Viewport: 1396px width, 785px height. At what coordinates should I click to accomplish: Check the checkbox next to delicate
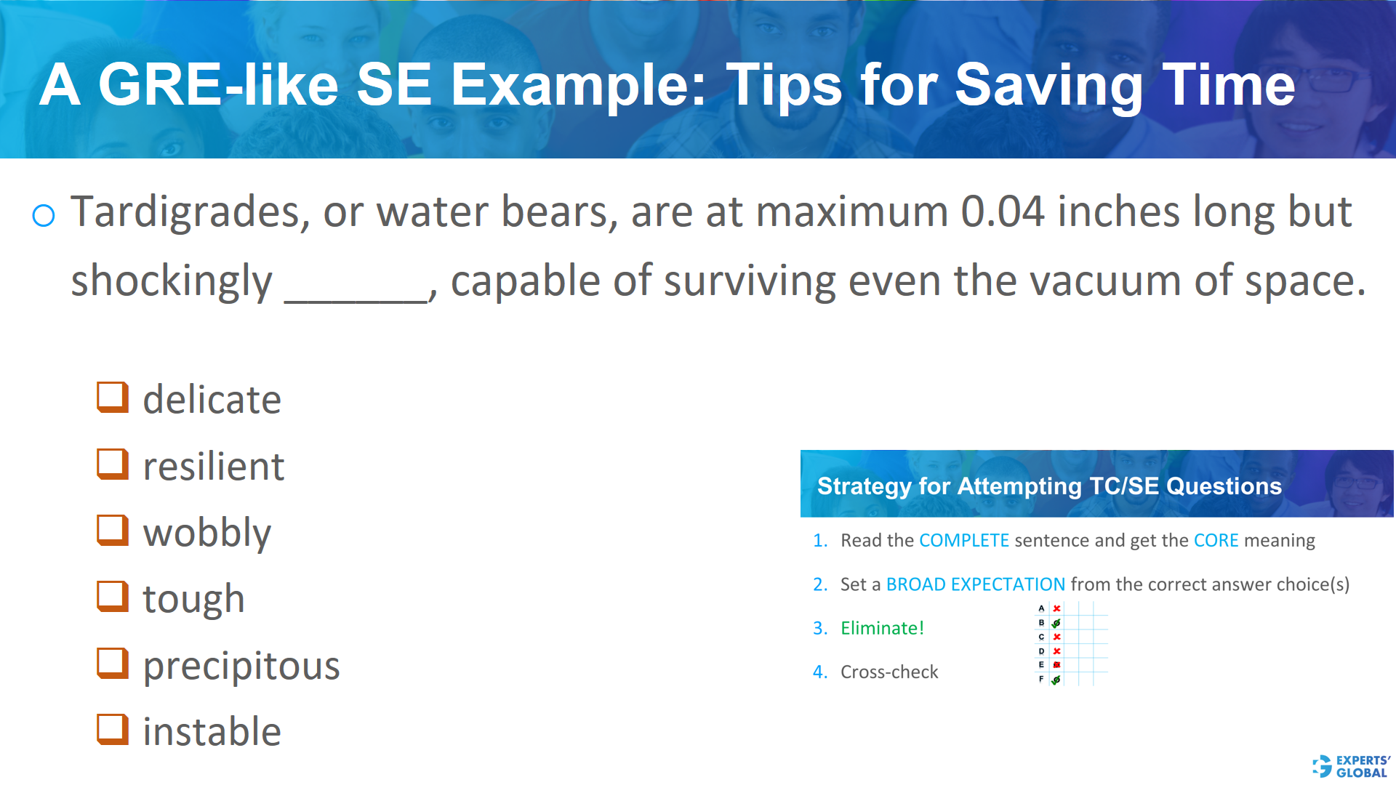(x=113, y=398)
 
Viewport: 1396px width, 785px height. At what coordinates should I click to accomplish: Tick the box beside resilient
(x=113, y=464)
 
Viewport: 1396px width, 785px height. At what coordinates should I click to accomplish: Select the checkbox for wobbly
(x=113, y=531)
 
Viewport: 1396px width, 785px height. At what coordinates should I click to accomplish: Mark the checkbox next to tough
(x=113, y=597)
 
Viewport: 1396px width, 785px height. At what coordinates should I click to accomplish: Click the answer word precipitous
(x=241, y=665)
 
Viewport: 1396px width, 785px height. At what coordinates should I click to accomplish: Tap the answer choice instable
(x=212, y=731)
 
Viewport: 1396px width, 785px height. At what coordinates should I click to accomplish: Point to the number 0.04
(x=1002, y=212)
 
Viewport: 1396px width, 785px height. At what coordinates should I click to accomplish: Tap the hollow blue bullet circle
(x=44, y=215)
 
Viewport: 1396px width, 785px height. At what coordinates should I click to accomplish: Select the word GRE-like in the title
(x=218, y=85)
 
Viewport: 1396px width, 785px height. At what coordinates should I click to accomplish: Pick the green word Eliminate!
(x=882, y=628)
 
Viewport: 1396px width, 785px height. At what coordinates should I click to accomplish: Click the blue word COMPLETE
(x=963, y=541)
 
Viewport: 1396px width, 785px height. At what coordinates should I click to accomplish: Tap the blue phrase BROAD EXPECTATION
(x=975, y=584)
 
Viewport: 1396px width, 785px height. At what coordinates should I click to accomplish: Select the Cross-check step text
(x=888, y=672)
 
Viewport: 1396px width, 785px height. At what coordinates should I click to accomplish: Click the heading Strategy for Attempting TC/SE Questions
(x=1048, y=486)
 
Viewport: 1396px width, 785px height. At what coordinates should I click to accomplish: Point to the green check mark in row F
(x=1056, y=680)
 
